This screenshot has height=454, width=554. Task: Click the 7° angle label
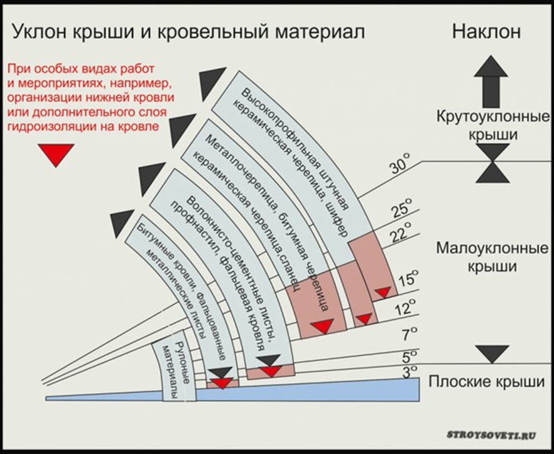click(410, 334)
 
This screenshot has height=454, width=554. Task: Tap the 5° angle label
click(410, 356)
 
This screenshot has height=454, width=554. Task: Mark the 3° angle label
click(411, 372)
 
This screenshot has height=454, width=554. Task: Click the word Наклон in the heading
click(486, 32)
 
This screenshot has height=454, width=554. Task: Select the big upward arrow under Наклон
click(491, 82)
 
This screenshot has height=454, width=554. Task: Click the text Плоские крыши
click(487, 382)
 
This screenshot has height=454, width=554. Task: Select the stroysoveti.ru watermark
click(492, 435)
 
